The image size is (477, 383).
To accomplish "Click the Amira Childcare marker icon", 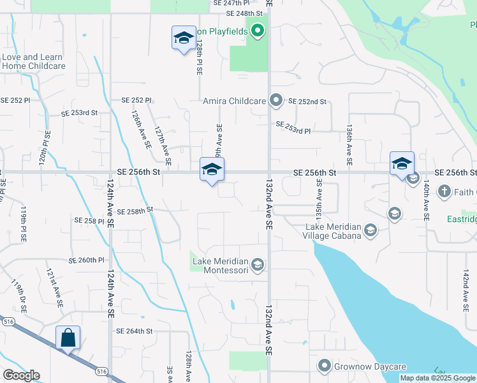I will (x=275, y=101).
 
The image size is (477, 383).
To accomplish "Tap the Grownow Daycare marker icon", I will (x=325, y=366).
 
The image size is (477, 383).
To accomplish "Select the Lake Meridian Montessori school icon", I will (x=258, y=265).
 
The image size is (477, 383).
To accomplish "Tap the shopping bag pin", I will (x=68, y=338).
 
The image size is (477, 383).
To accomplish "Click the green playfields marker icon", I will (x=257, y=31).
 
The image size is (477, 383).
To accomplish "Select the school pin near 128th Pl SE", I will (x=184, y=38).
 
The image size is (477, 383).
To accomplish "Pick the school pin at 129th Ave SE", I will (x=212, y=170).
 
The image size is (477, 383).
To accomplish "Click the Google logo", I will (x=21, y=375).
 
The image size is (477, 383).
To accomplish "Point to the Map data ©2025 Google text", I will (x=437, y=378).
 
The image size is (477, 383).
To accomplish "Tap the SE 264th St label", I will (x=135, y=331).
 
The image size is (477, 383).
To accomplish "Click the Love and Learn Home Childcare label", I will (x=33, y=61).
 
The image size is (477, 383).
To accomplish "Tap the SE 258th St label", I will (x=135, y=209).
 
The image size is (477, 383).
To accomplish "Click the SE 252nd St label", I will (x=307, y=101).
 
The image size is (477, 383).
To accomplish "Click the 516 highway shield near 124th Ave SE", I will (x=101, y=370).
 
